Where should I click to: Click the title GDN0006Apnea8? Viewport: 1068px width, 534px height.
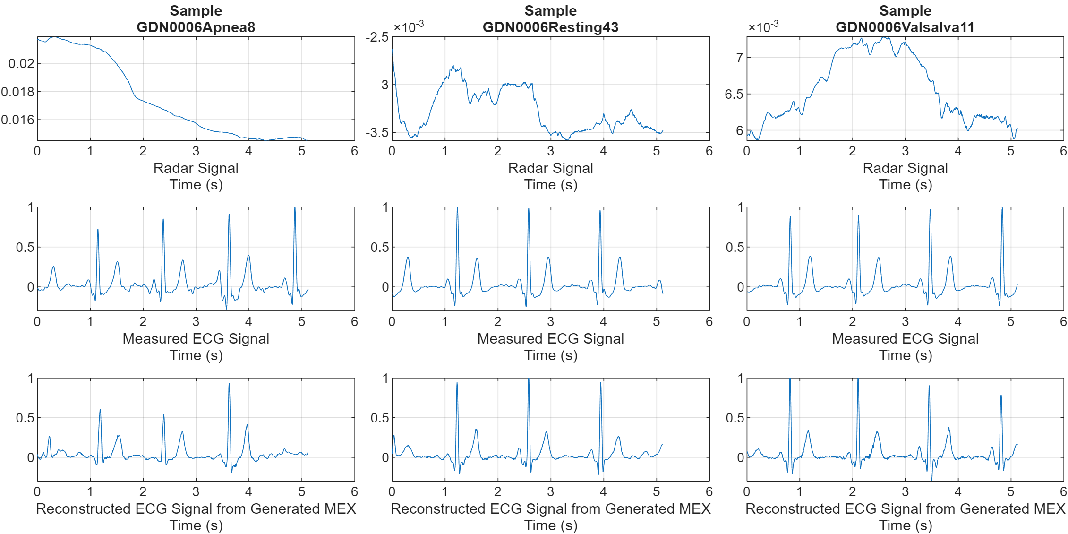click(196, 27)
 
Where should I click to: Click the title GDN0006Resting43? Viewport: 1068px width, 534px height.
click(550, 27)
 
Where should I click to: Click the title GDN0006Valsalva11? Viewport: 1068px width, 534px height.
click(905, 27)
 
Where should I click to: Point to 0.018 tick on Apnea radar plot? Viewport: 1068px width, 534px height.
click(18, 92)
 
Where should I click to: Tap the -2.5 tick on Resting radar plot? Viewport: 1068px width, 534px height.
click(377, 37)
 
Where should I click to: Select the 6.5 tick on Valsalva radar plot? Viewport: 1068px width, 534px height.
click(734, 95)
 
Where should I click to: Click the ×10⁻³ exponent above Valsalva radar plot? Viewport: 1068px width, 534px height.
click(763, 26)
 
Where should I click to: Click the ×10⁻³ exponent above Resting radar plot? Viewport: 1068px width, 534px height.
click(409, 26)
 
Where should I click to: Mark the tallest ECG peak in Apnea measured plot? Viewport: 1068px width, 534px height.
click(295, 208)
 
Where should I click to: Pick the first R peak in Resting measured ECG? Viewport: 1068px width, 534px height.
click(457, 208)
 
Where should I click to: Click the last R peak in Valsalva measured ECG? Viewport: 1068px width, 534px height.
click(1002, 208)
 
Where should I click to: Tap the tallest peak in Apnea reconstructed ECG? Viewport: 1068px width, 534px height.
click(229, 384)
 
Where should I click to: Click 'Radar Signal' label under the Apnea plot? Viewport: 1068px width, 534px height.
click(196, 168)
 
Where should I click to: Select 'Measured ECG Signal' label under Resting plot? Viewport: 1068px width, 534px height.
click(550, 339)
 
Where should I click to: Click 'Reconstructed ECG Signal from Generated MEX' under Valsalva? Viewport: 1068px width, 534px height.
click(905, 509)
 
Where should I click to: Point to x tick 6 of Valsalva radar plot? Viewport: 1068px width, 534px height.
click(1063, 151)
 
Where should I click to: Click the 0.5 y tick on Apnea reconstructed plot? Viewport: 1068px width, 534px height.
click(25, 418)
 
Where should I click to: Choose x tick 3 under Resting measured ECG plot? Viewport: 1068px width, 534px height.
click(550, 322)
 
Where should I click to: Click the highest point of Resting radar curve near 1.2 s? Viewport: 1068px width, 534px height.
click(453, 66)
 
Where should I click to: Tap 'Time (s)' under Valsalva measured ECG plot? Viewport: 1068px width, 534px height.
click(905, 355)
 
